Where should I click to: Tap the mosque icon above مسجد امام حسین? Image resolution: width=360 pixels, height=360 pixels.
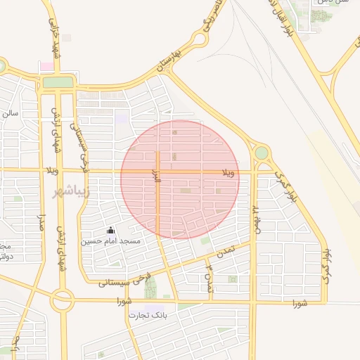tap(110, 230)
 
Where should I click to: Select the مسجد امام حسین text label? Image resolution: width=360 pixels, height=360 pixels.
tap(110, 241)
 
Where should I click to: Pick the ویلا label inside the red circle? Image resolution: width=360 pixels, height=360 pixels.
tap(229, 172)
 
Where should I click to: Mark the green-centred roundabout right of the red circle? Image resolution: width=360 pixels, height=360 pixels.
tap(262, 153)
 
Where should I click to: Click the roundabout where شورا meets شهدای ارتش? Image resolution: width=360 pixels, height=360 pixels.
tap(61, 302)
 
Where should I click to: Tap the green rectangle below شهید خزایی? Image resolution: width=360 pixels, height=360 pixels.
tap(58, 82)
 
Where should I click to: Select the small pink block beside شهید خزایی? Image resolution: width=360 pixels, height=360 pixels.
tap(46, 66)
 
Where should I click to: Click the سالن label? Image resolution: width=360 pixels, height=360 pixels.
tap(10, 112)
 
